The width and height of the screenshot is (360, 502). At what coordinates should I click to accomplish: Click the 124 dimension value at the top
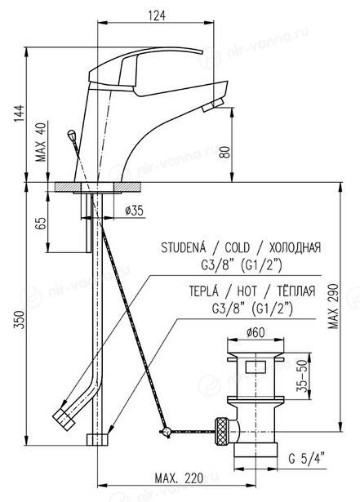pyautogui.click(x=157, y=15)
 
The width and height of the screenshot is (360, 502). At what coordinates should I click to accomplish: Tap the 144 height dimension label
pyautogui.click(x=19, y=113)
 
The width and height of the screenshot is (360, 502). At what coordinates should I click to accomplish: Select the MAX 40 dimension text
pyautogui.click(x=41, y=142)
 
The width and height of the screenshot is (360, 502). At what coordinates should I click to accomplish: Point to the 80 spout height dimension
pyautogui.click(x=225, y=152)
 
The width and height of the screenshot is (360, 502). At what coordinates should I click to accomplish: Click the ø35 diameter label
pyautogui.click(x=134, y=211)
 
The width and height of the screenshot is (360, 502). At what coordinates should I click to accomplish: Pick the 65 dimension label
pyautogui.click(x=41, y=224)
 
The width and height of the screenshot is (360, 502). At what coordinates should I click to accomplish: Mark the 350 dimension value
pyautogui.click(x=19, y=319)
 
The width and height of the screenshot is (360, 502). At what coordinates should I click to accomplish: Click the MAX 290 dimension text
pyautogui.click(x=333, y=306)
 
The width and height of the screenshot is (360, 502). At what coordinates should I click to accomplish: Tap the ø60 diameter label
pyautogui.click(x=256, y=333)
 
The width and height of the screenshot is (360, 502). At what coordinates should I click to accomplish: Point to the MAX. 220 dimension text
pyautogui.click(x=179, y=478)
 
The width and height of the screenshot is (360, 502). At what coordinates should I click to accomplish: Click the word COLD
pyautogui.click(x=237, y=248)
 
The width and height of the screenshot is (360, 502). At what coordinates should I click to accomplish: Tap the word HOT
pyautogui.click(x=247, y=291)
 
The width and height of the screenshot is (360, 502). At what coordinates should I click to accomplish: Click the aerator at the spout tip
pyautogui.click(x=212, y=105)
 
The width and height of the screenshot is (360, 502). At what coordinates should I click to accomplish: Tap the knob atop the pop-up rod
pyautogui.click(x=71, y=134)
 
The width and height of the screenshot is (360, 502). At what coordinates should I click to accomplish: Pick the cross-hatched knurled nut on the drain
pyautogui.click(x=221, y=431)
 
